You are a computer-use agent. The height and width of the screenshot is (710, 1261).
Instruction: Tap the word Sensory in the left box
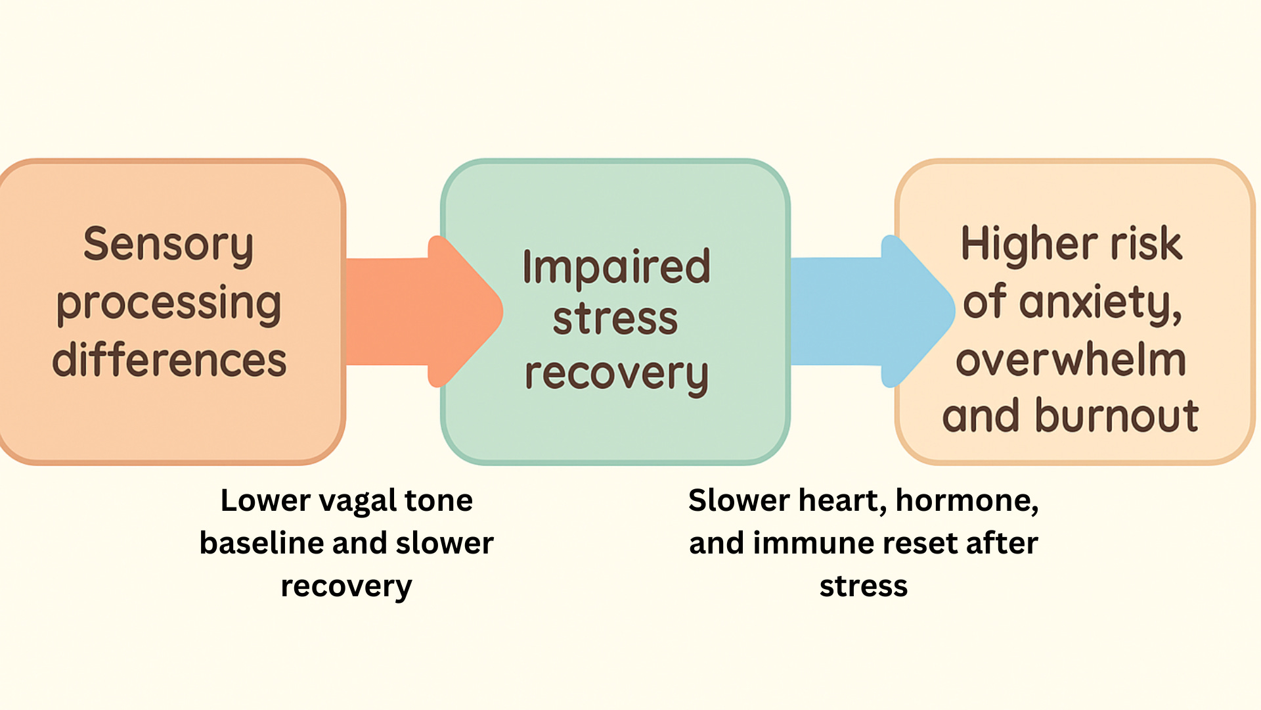pos(168,245)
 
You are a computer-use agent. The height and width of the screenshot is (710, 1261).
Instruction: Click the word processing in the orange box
pos(169,303)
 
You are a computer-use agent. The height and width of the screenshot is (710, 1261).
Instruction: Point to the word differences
pos(169,360)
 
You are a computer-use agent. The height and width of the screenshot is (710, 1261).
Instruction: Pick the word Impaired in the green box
pos(616,267)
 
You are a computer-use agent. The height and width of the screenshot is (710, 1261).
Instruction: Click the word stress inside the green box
pos(615,319)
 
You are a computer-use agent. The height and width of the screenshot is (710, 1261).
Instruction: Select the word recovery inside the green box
pos(616,375)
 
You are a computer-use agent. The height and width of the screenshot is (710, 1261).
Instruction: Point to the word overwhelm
pos(1071,360)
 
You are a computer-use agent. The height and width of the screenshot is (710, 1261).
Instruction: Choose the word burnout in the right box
pos(1117,416)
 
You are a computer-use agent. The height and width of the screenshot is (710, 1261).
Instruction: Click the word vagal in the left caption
pos(358,502)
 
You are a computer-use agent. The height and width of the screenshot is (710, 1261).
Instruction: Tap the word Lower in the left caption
pos(265,501)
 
